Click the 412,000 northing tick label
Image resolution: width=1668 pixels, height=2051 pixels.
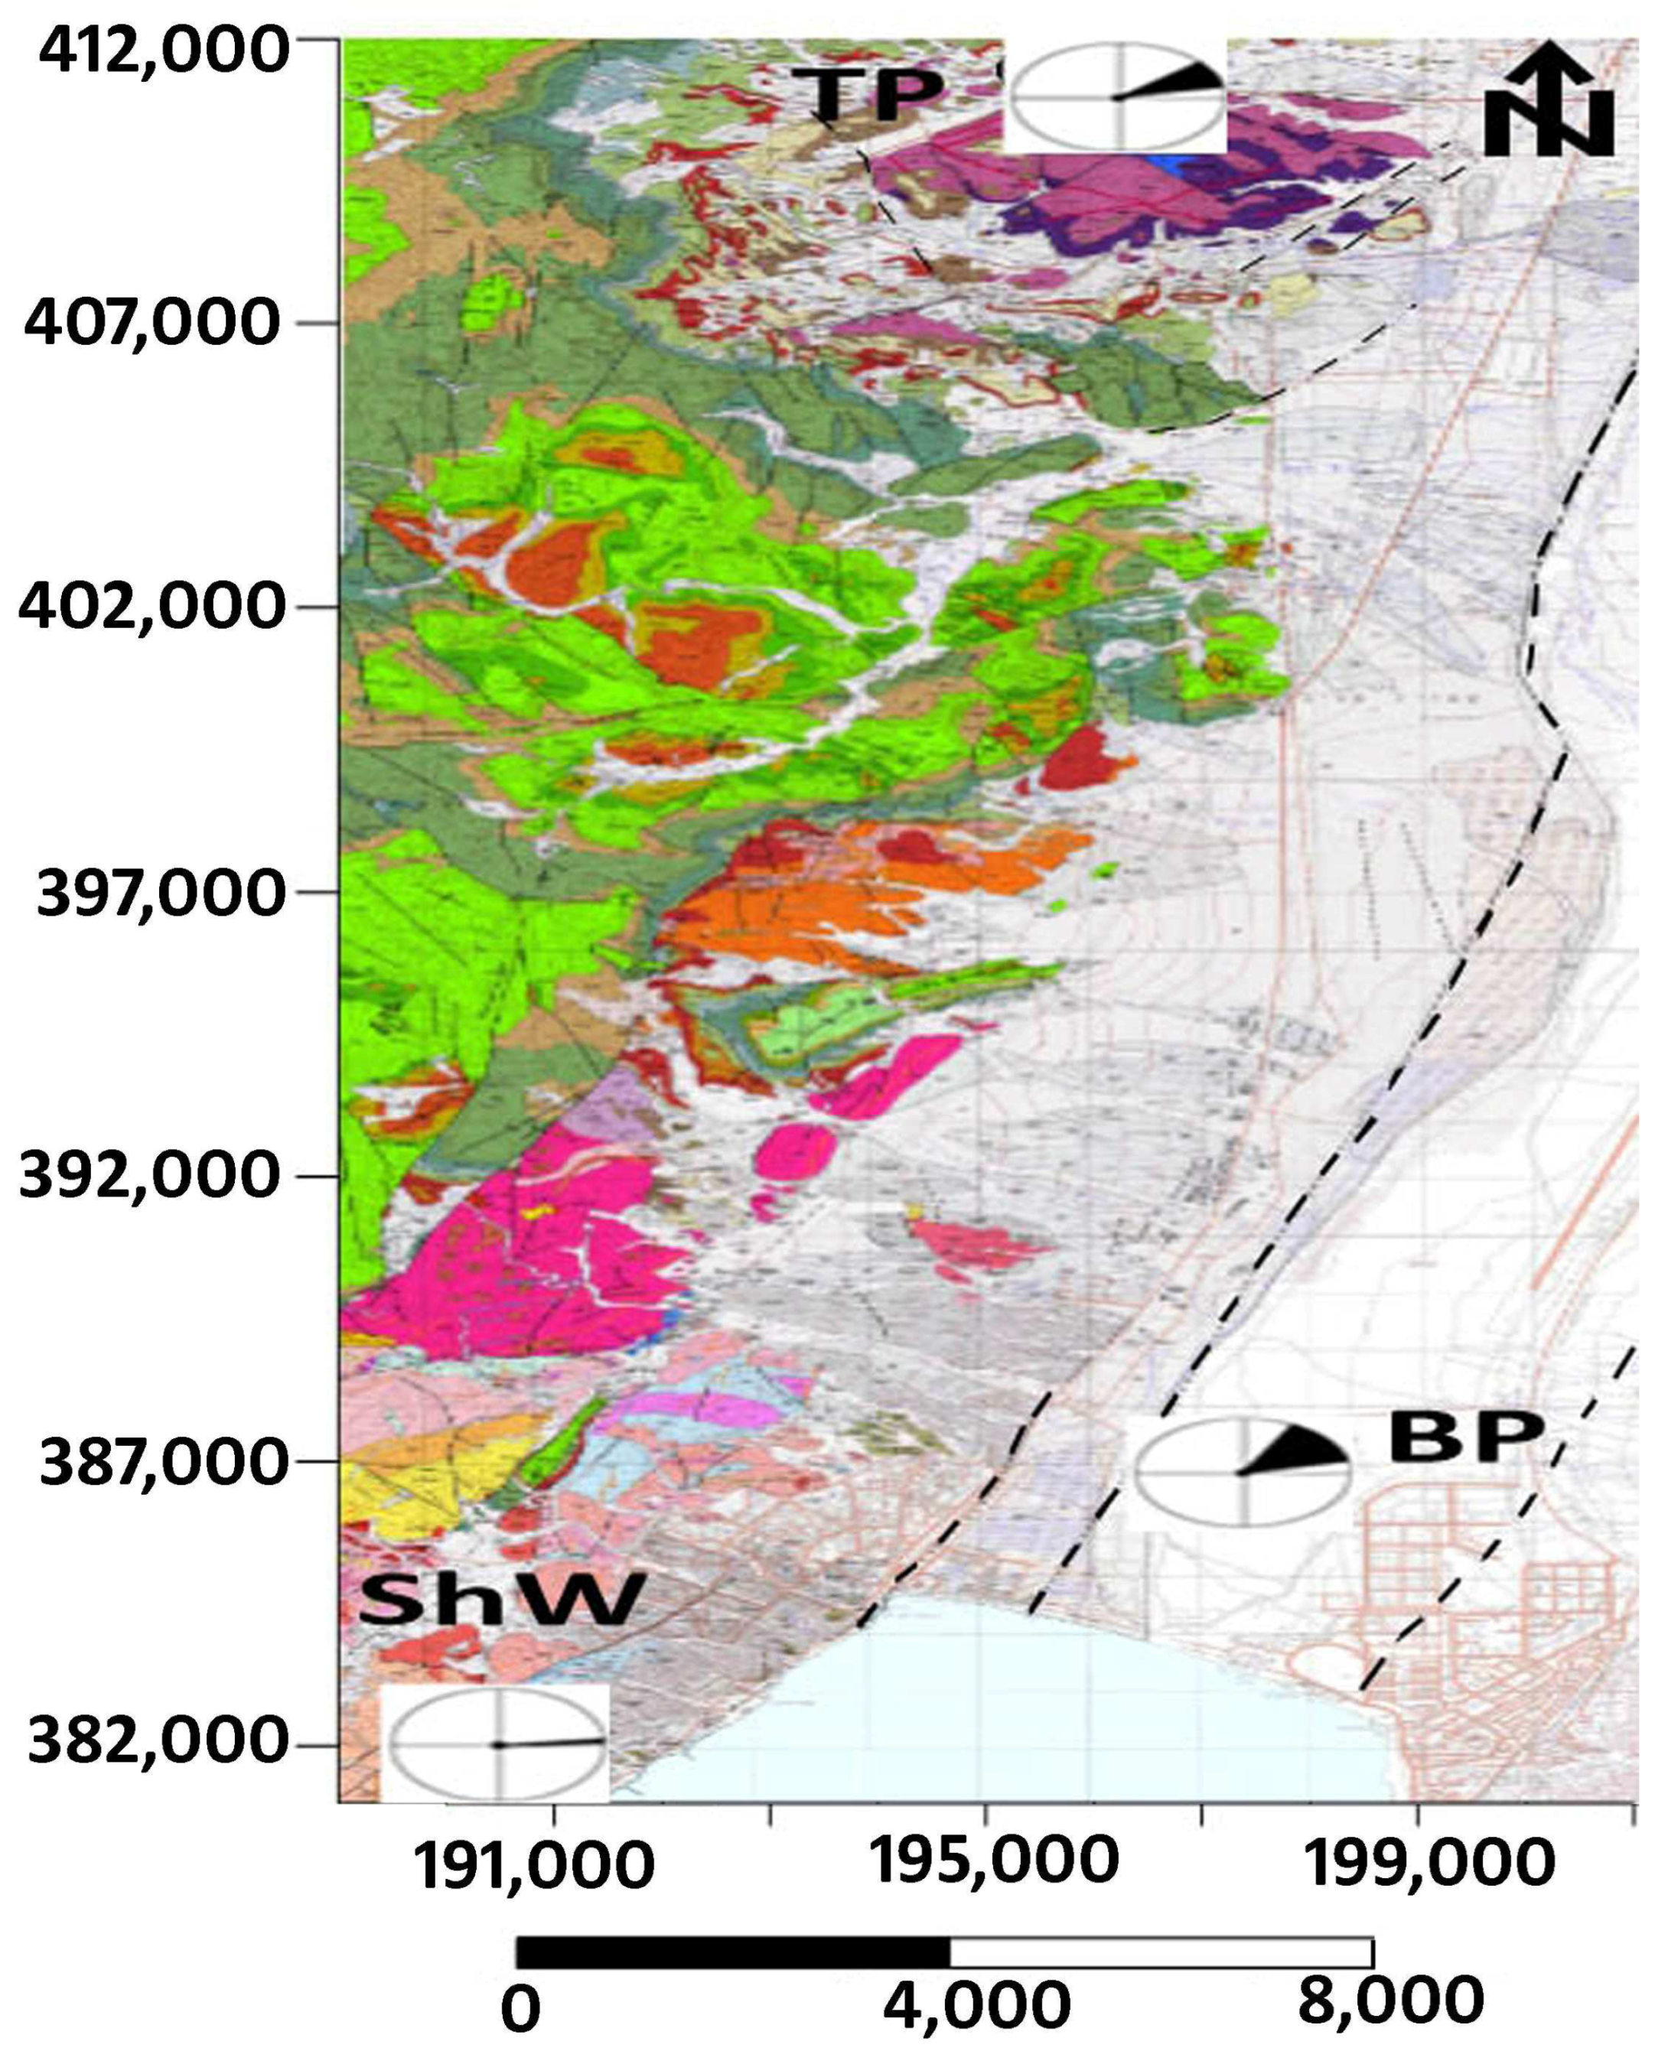point(163,50)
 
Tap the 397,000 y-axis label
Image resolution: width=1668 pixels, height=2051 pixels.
point(161,893)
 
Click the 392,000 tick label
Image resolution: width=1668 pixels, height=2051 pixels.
point(151,1175)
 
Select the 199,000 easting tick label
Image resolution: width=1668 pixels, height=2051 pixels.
point(1429,1864)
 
